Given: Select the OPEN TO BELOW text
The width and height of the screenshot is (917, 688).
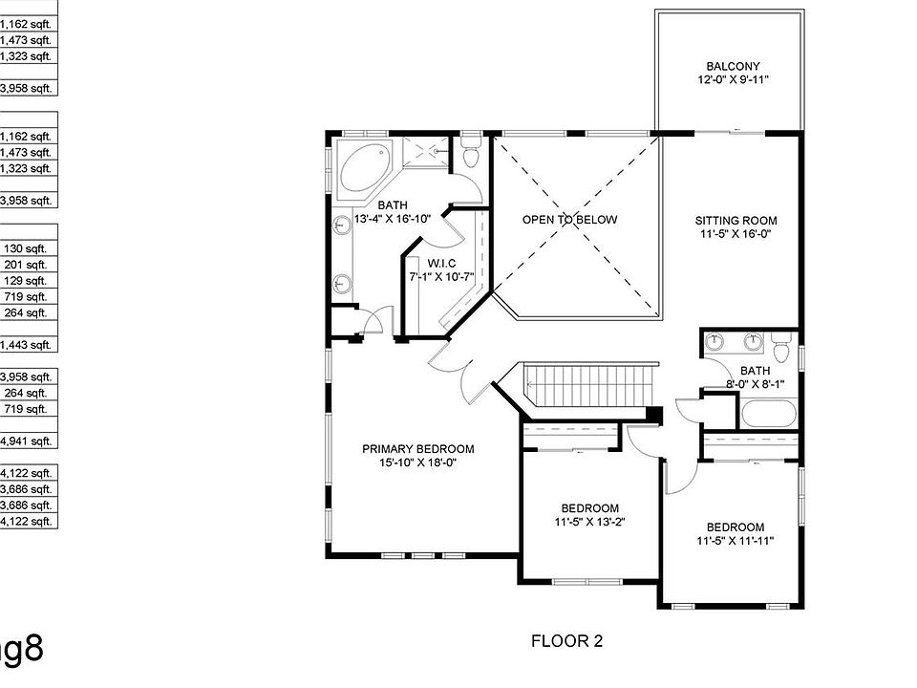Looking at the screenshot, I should (x=569, y=220).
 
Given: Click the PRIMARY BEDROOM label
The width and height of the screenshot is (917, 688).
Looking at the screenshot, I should (x=417, y=449).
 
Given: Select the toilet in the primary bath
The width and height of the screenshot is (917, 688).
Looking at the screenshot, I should (x=470, y=153).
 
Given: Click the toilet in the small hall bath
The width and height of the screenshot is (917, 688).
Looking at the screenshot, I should (x=781, y=350).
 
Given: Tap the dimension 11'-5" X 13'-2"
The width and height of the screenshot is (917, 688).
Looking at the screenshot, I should (x=589, y=523).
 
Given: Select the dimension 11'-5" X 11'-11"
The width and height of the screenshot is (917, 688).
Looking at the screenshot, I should (x=735, y=542).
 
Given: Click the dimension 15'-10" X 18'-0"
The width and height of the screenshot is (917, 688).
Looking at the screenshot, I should (x=417, y=463).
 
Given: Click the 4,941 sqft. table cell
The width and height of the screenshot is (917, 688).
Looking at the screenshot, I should (x=29, y=441).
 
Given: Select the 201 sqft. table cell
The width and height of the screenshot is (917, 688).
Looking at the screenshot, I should (x=29, y=265).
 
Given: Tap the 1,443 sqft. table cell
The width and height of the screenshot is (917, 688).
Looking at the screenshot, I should (x=29, y=345).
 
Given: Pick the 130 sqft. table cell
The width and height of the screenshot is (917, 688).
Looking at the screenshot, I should (x=29, y=248).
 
